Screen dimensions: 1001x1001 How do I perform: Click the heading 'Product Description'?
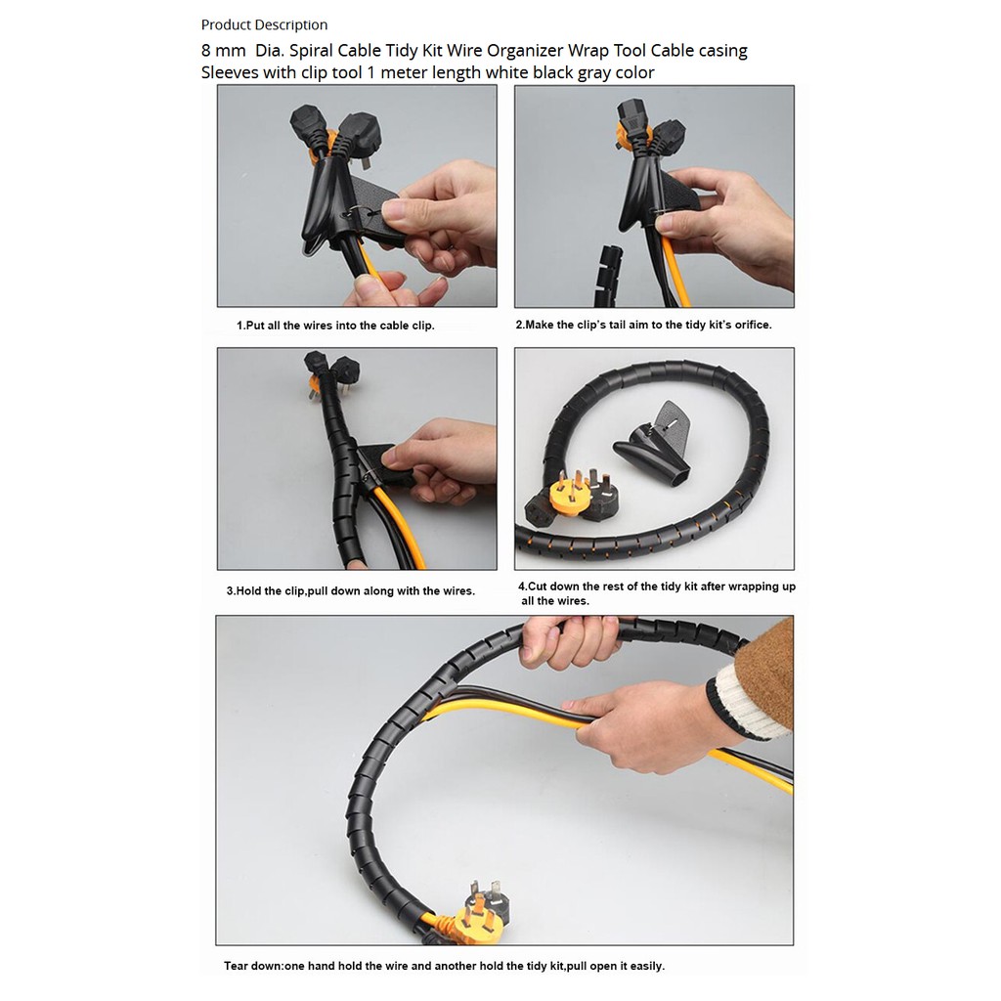[x=264, y=24]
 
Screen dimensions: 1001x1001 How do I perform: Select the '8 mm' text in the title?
[x=224, y=51]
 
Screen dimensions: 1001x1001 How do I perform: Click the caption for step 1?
[x=336, y=326]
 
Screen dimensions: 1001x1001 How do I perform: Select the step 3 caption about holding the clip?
[x=351, y=591]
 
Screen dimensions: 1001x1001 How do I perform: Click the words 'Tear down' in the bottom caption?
[x=253, y=966]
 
